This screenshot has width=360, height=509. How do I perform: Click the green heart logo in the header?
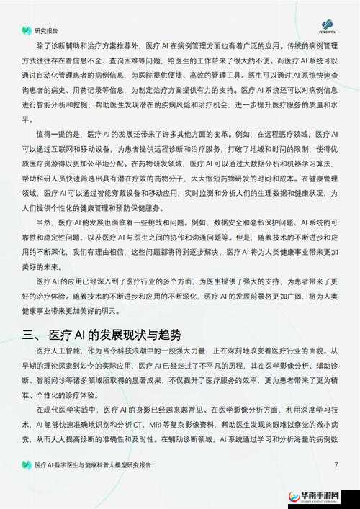(x=27, y=31)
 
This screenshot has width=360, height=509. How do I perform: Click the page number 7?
(x=336, y=464)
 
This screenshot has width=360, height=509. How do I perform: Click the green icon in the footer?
(x=27, y=465)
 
